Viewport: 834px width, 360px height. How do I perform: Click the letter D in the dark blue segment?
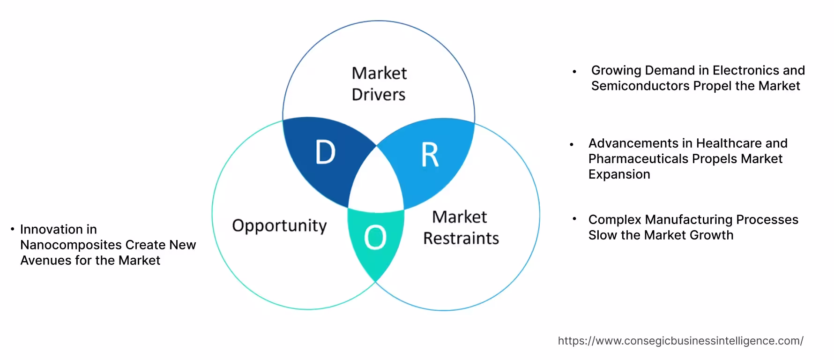pyautogui.click(x=325, y=152)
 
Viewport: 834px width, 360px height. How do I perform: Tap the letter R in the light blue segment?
pyautogui.click(x=430, y=155)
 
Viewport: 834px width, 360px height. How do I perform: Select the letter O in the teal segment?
pyautogui.click(x=375, y=238)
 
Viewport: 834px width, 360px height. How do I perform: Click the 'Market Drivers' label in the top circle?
pyautogui.click(x=379, y=84)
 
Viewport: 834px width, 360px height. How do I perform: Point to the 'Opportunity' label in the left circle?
pyautogui.click(x=279, y=226)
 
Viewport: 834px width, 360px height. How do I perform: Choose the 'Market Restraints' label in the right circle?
pyautogui.click(x=461, y=228)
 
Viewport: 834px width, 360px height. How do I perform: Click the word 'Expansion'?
pyautogui.click(x=619, y=174)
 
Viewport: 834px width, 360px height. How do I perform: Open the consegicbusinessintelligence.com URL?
pyautogui.click(x=680, y=341)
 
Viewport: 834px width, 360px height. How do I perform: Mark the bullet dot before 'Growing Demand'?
pyautogui.click(x=574, y=72)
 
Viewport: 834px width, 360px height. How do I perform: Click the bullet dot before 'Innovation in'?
pyautogui.click(x=13, y=229)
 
